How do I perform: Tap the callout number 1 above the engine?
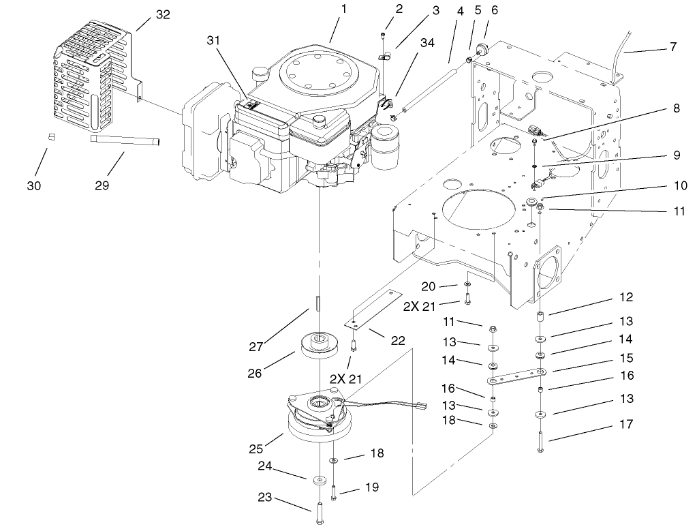point(344,10)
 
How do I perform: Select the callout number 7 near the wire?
point(673,48)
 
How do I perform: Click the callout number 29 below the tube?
point(102,185)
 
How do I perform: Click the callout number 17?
point(626,424)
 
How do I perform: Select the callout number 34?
point(427,44)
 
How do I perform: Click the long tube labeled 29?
point(126,140)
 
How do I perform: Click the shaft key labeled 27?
point(318,302)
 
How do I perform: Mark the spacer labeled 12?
point(539,318)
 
